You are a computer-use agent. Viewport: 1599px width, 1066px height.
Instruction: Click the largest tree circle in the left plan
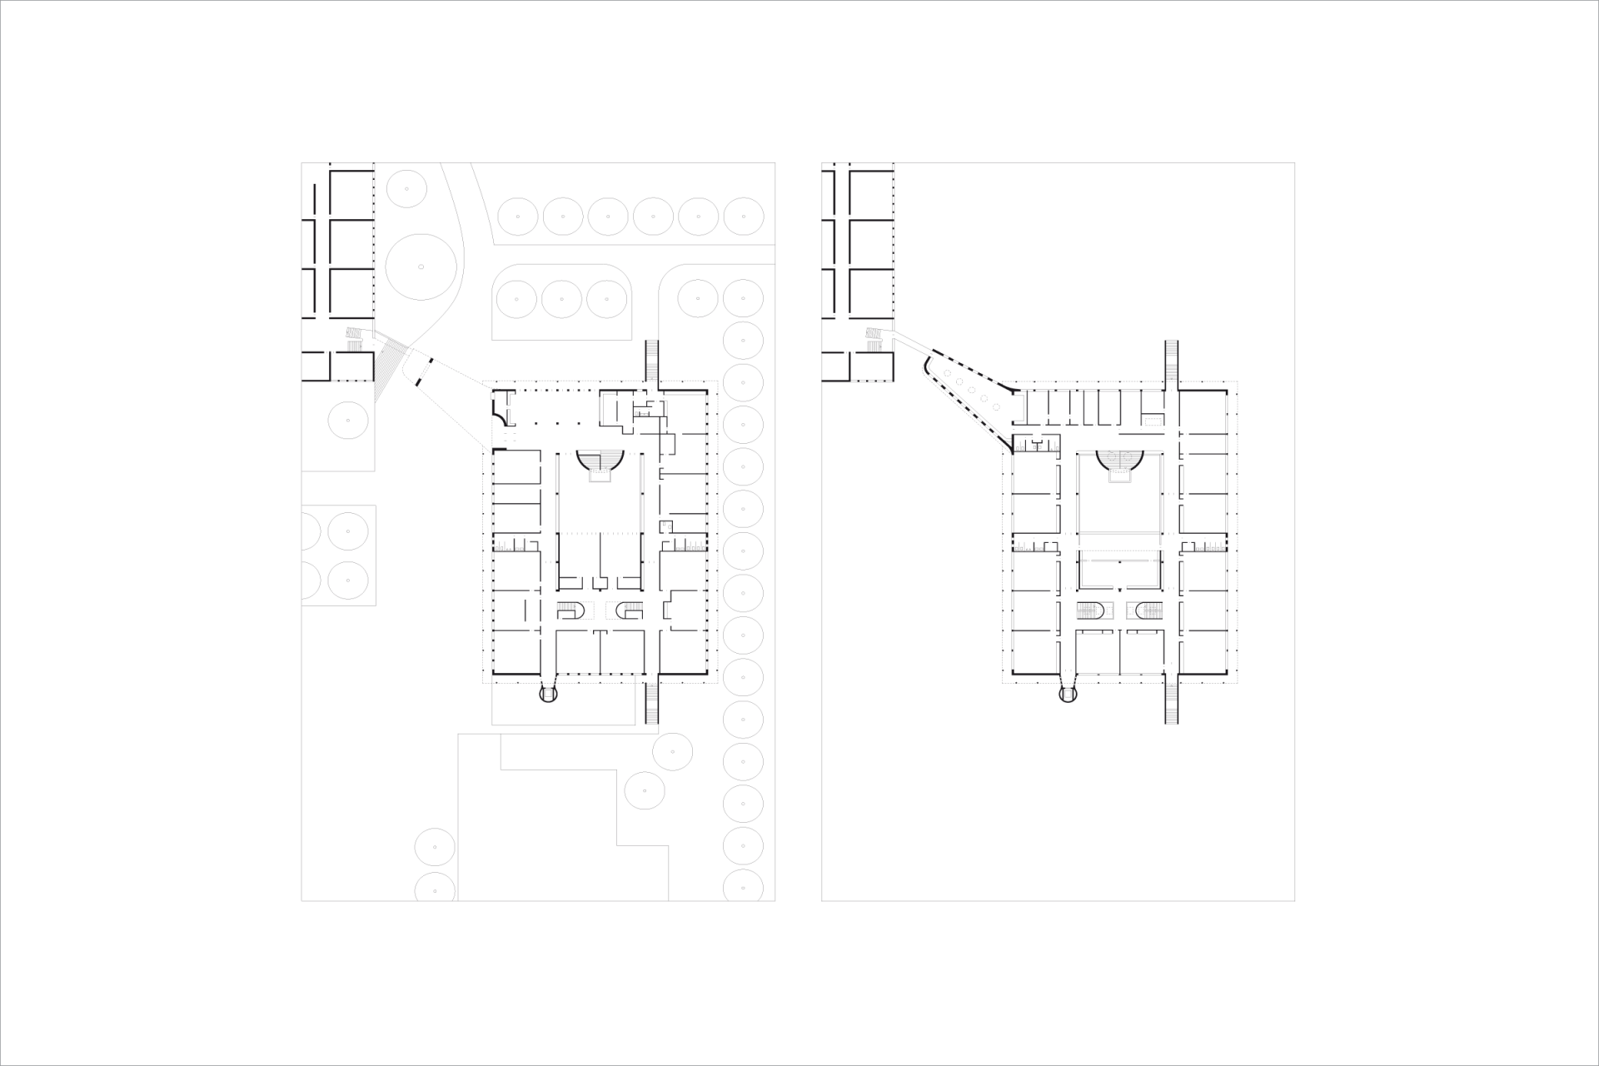tap(421, 266)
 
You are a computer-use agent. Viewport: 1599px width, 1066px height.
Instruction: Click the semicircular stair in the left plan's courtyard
tap(600, 463)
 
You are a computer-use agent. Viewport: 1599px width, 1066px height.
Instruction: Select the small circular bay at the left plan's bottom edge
tap(547, 693)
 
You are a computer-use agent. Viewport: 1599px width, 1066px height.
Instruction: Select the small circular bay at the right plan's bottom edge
tap(1068, 693)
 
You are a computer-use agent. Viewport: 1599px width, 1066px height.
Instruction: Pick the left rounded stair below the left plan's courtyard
tap(572, 611)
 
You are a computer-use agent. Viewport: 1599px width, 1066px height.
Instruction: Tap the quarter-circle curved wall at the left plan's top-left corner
tap(499, 409)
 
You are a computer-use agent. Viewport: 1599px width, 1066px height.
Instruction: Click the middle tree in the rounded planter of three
tap(560, 299)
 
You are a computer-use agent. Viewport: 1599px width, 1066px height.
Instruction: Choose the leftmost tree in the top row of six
tap(517, 217)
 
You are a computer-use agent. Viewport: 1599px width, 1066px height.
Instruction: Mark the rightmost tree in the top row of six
tap(744, 217)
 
